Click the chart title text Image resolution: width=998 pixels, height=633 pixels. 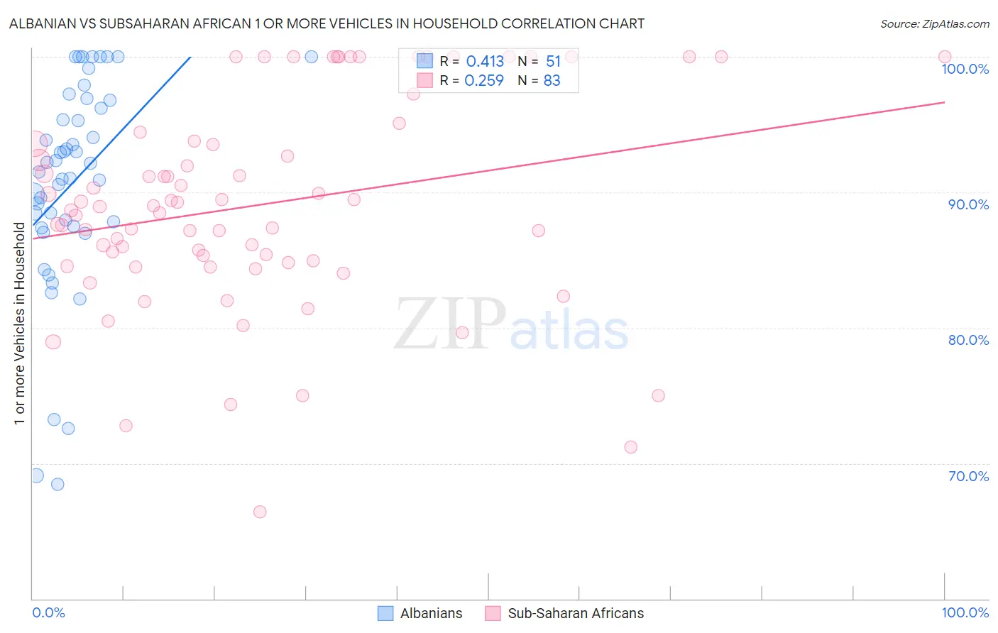327,23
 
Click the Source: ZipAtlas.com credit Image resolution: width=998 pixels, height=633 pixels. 934,24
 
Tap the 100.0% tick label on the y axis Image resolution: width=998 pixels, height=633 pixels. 965,69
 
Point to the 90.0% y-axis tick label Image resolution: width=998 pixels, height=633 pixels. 968,204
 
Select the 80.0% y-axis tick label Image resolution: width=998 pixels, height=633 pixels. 968,340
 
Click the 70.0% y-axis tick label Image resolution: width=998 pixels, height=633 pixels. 968,476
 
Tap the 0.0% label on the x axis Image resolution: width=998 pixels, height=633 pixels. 48,612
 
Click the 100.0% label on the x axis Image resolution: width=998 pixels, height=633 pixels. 965,612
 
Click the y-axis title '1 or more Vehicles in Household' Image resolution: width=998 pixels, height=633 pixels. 19,324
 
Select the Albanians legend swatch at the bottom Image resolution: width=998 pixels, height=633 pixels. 385,613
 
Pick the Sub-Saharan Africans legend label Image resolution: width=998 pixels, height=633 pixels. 576,613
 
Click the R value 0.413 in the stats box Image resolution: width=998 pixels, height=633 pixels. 485,62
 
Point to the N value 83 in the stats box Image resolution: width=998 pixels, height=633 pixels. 552,81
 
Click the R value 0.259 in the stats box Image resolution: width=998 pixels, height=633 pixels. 484,81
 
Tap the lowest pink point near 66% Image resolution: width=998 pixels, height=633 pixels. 260,512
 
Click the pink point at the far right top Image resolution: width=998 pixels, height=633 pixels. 945,57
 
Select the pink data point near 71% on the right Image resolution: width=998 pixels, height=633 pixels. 631,447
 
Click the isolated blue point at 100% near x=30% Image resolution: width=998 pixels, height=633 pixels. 311,57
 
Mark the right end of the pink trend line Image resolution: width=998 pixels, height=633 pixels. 945,102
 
